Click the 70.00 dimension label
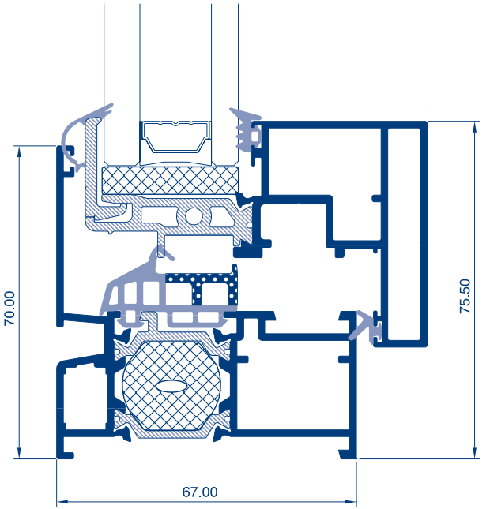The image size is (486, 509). tap(9, 309)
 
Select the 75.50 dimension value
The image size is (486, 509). tap(465, 296)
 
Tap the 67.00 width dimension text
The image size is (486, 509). tap(200, 492)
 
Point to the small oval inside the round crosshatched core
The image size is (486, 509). tap(171, 386)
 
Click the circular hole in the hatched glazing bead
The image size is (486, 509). tap(194, 215)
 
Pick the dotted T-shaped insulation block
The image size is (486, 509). tap(202, 286)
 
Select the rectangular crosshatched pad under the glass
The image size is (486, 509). tap(170, 181)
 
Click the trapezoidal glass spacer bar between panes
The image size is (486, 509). tap(175, 137)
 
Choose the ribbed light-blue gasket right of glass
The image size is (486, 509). tap(247, 130)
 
